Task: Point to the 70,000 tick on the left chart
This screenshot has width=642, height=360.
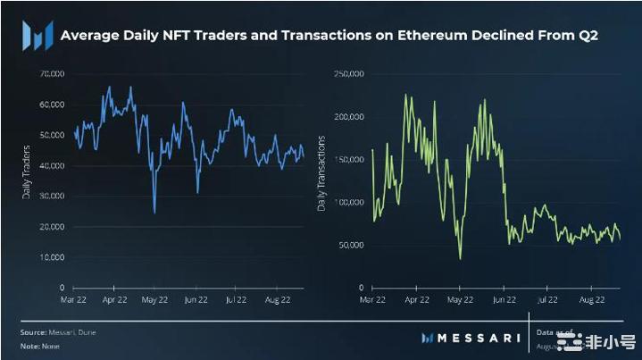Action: point(53,73)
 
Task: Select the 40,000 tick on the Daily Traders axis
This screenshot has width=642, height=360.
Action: point(53,165)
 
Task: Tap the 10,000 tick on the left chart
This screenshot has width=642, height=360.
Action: point(53,257)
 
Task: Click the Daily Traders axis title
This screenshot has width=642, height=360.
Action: point(27,171)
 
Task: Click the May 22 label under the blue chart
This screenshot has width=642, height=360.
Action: point(155,301)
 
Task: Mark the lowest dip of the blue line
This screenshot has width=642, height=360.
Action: point(154,213)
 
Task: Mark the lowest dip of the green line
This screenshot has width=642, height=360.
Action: point(461,259)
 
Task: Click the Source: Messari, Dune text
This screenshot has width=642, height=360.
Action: point(58,331)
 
